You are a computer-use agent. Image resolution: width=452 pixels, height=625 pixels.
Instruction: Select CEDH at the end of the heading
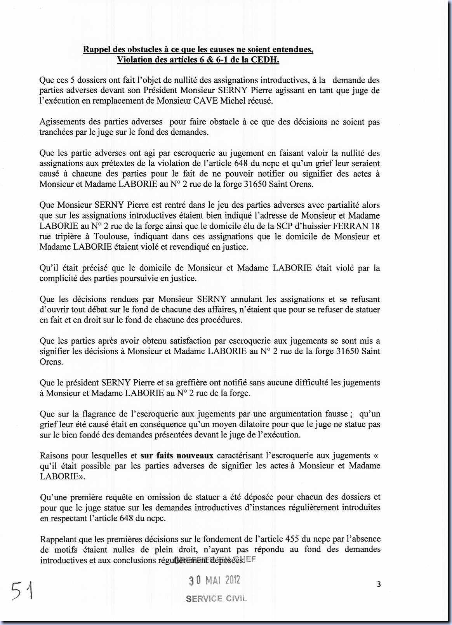coord(267,60)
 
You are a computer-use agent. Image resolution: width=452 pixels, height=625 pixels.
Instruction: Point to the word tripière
coord(64,236)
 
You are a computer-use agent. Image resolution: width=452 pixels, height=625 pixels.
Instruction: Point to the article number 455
coord(292,539)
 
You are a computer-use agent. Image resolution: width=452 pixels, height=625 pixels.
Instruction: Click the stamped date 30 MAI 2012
coord(214,580)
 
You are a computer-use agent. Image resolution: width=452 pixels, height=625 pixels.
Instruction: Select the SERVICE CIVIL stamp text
coord(216,599)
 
